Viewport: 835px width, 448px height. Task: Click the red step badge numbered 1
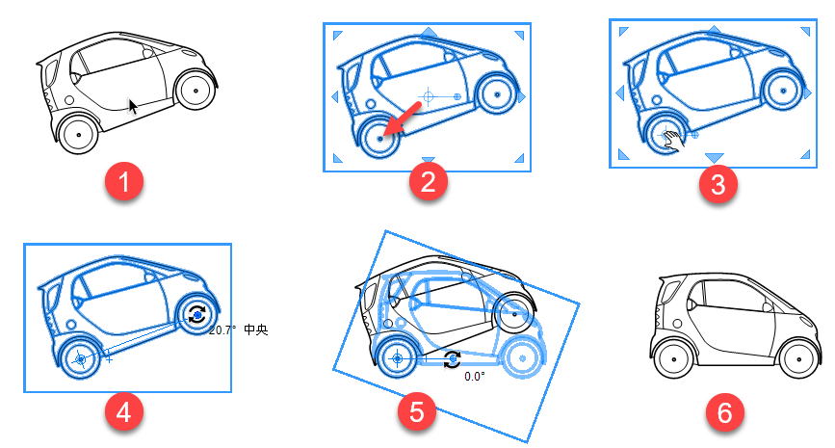tap(124, 181)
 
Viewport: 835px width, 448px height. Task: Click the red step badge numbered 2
tap(429, 181)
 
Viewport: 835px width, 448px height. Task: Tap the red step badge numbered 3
tap(718, 184)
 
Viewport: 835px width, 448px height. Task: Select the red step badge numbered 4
tap(124, 411)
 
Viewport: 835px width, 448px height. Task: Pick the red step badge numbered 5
tap(417, 411)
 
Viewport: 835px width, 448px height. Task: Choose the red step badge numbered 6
tap(725, 411)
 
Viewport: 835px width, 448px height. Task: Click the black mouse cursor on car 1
tap(133, 107)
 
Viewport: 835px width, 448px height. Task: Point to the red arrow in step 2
tap(402, 119)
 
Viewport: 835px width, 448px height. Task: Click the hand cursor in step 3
tap(673, 142)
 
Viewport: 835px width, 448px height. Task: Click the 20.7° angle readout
tap(222, 330)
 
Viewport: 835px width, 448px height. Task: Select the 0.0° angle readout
tap(475, 377)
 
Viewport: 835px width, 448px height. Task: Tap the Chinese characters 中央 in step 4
tap(255, 329)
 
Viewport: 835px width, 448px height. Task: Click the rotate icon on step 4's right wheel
tap(197, 315)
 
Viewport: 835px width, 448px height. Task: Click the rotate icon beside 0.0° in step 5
tap(452, 359)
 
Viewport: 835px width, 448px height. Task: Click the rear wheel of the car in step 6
tap(673, 358)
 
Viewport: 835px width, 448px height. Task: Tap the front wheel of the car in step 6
tap(798, 358)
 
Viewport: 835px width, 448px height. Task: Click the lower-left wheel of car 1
tap(78, 134)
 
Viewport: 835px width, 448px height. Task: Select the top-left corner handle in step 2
tap(338, 35)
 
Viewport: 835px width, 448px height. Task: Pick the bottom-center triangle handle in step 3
tap(714, 158)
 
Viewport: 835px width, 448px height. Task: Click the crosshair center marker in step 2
tap(428, 96)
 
